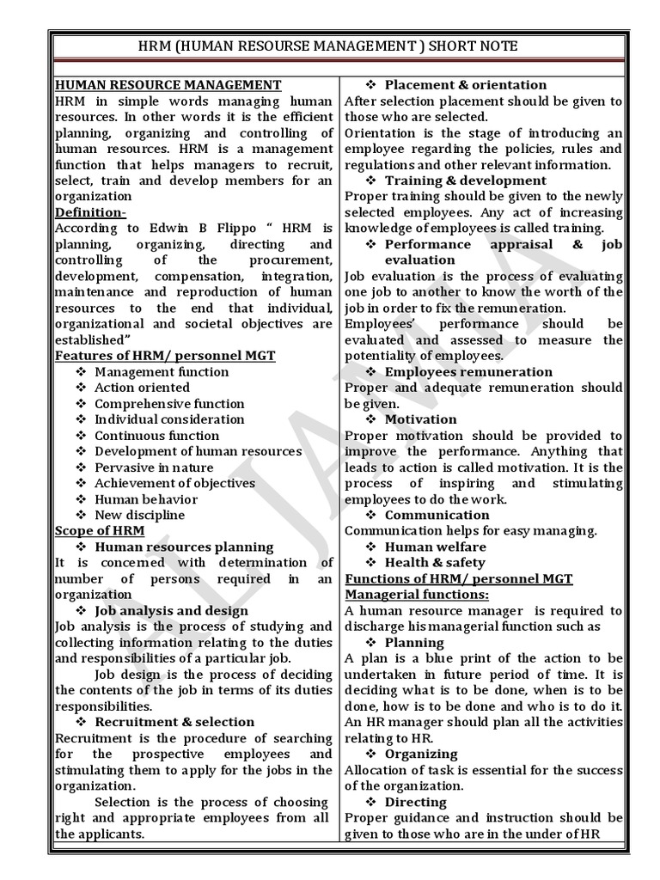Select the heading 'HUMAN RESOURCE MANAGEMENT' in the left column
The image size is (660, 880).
pyautogui.click(x=168, y=84)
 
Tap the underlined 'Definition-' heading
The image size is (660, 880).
pyautogui.click(x=90, y=211)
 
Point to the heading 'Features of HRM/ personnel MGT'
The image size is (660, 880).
pyautogui.click(x=165, y=355)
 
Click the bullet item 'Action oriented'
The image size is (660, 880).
pyautogui.click(x=142, y=388)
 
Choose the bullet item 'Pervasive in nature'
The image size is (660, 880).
pyautogui.click(x=155, y=467)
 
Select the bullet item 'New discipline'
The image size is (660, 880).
pyautogui.click(x=139, y=515)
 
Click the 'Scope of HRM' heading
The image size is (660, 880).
pyautogui.click(x=99, y=530)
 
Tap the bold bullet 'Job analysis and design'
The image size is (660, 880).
pyautogui.click(x=171, y=610)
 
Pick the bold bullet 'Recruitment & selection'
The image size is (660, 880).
pyautogui.click(x=174, y=722)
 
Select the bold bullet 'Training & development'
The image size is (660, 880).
pyautogui.click(x=465, y=180)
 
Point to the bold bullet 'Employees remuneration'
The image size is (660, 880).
pyautogui.click(x=468, y=371)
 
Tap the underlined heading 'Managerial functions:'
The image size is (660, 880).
pyautogui.click(x=417, y=595)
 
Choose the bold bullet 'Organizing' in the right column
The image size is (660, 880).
pyautogui.click(x=420, y=754)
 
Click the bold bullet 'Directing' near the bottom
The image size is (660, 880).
pyautogui.click(x=415, y=802)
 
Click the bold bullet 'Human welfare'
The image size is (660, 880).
pyautogui.click(x=435, y=547)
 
